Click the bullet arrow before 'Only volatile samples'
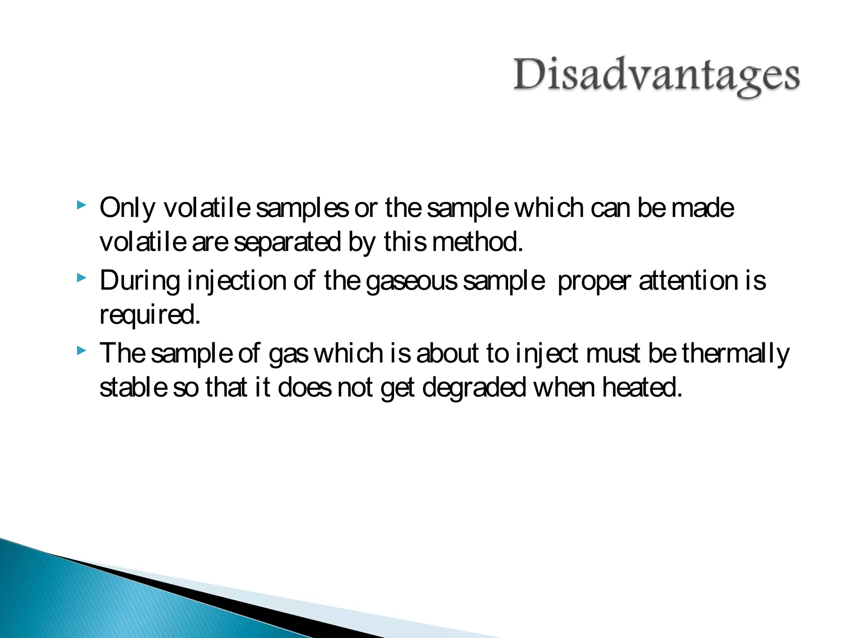tap(82, 205)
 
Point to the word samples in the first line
tap(302, 209)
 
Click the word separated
tap(287, 242)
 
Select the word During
tap(140, 281)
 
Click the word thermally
tap(735, 354)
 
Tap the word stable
tap(133, 388)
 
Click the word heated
tap(642, 388)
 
